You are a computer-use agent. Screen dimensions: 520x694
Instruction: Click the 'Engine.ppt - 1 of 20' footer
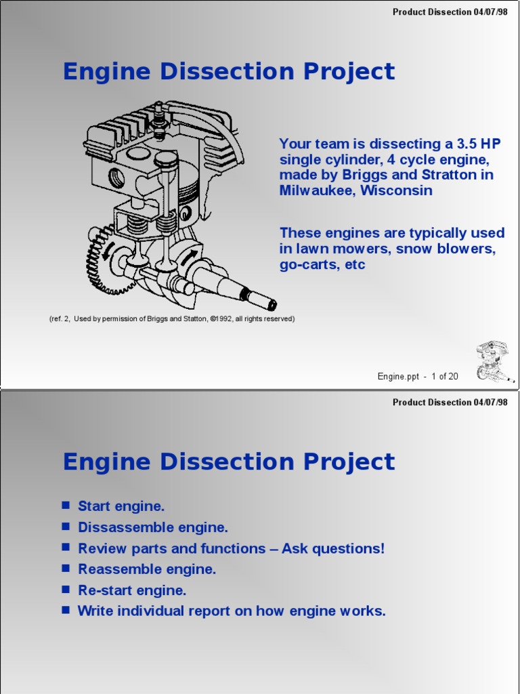click(x=418, y=377)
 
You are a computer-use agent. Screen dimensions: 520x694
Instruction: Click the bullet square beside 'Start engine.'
click(x=66, y=506)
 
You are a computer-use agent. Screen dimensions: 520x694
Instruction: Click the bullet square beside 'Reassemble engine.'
click(x=66, y=569)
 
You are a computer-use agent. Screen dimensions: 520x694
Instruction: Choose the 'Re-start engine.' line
click(x=132, y=590)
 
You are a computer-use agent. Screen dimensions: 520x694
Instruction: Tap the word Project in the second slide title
click(x=349, y=462)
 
